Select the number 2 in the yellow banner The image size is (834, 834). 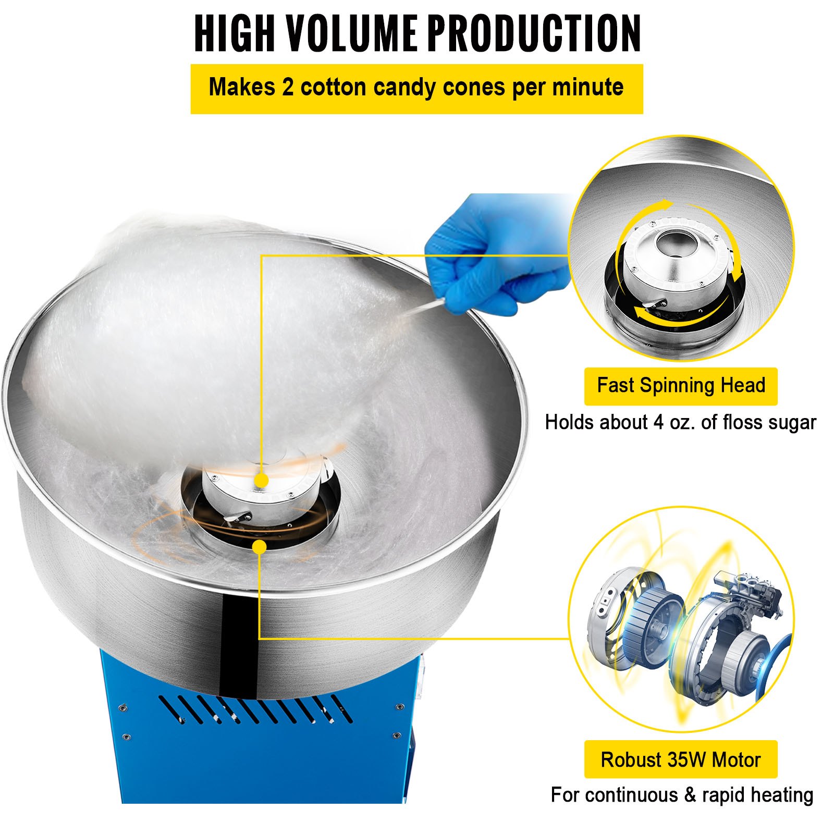pyautogui.click(x=288, y=87)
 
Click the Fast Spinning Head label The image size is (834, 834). pyautogui.click(x=680, y=386)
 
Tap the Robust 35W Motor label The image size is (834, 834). pyautogui.click(x=680, y=759)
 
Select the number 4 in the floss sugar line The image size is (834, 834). pyautogui.click(x=659, y=422)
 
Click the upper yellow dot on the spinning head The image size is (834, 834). pyautogui.click(x=262, y=480)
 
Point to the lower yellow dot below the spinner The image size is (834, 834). pyautogui.click(x=259, y=547)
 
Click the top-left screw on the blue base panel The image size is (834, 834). pyautogui.click(x=122, y=708)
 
